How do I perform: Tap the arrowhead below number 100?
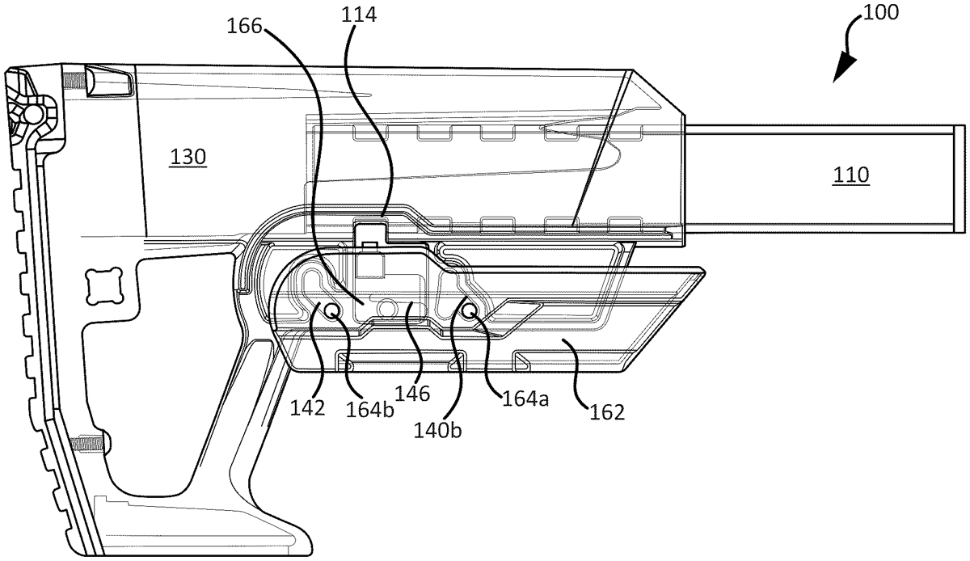(x=841, y=71)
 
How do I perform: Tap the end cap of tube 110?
(x=959, y=175)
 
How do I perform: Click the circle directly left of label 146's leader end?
(x=387, y=308)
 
